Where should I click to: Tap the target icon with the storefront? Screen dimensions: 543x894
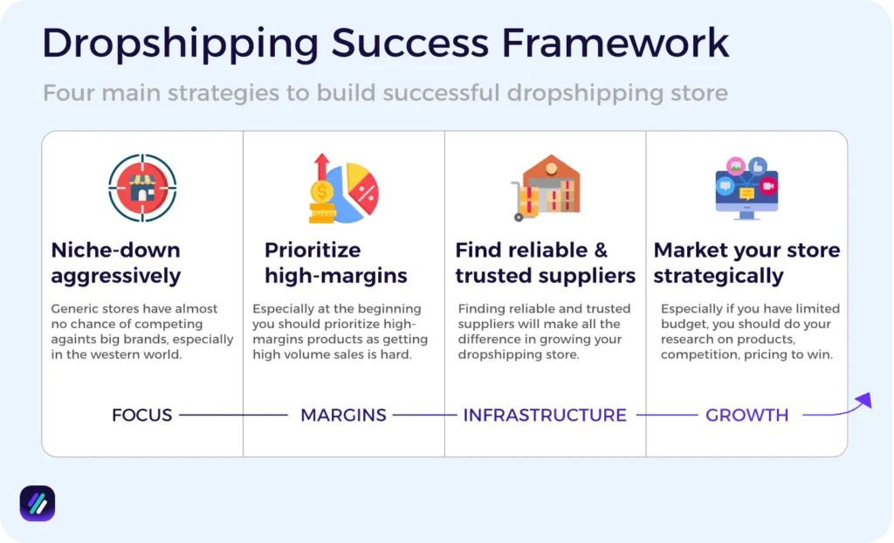(x=142, y=188)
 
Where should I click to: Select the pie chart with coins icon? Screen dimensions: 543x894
(x=343, y=188)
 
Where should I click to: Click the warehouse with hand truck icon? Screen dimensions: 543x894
(x=546, y=188)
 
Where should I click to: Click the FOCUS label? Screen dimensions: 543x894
(x=141, y=416)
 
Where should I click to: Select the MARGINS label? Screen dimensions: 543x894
(x=343, y=416)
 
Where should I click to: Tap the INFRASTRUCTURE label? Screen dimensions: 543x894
(x=545, y=416)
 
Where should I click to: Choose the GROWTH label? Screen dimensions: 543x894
(x=746, y=416)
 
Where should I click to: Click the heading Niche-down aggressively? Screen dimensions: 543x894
(x=116, y=263)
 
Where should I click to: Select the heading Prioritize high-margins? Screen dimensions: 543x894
(x=336, y=263)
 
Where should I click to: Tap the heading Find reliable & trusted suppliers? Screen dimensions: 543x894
(x=545, y=263)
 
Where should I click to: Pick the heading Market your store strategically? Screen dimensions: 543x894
(x=746, y=263)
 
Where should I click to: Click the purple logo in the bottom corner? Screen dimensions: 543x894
(x=38, y=504)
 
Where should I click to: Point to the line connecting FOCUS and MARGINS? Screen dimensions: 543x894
(x=233, y=416)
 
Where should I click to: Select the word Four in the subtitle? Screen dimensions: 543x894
(x=65, y=93)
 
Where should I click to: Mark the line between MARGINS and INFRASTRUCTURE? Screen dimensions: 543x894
(x=424, y=416)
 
